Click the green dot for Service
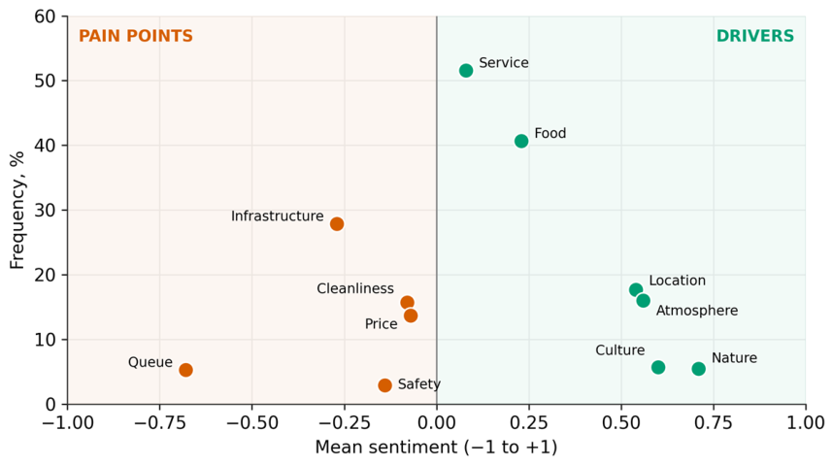pos(466,71)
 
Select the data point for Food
pos(521,141)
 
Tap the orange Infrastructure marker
pos(337,223)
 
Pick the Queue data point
pos(185,370)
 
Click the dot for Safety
pos(385,385)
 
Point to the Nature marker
pos(699,369)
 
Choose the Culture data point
pos(658,367)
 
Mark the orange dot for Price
pos(411,316)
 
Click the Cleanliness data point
pos(407,302)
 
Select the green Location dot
pos(636,289)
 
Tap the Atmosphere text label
pos(697,311)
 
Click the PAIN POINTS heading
pos(136,36)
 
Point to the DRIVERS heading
pos(755,36)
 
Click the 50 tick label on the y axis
pos(46,81)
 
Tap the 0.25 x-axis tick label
pos(528,423)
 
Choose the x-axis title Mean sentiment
pos(436,447)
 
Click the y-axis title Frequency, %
pos(17,211)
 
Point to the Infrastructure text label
pos(278,216)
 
